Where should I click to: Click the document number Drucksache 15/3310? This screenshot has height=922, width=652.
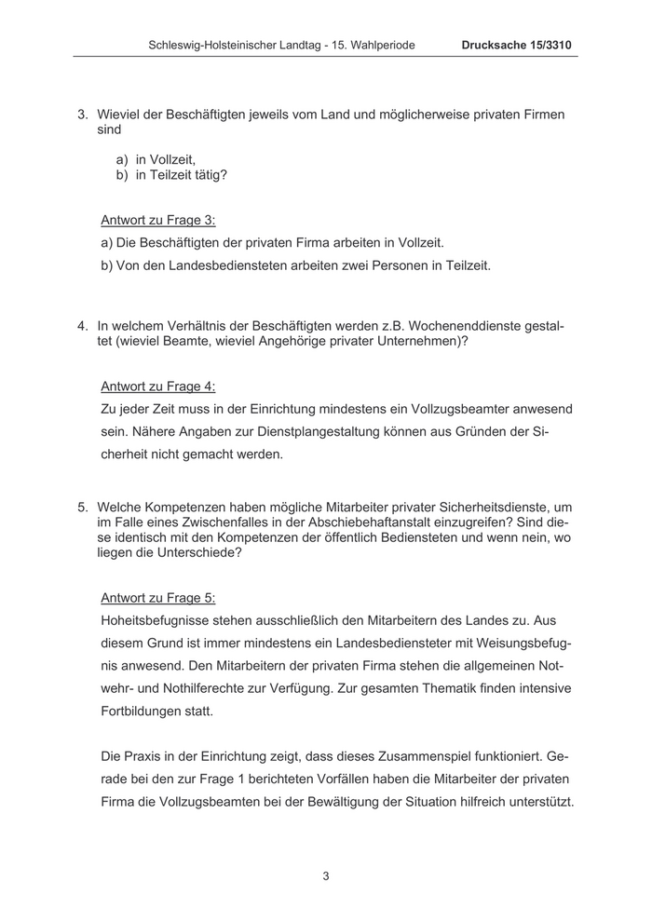pyautogui.click(x=519, y=45)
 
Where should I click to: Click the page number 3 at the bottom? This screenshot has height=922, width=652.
pyautogui.click(x=326, y=875)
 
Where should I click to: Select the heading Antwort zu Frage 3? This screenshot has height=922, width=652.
pyautogui.click(x=157, y=221)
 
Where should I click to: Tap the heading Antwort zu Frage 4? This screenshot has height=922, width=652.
pyautogui.click(x=157, y=386)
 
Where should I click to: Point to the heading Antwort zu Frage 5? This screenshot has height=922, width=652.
pyautogui.click(x=157, y=598)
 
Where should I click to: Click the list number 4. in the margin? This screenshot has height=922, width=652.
pyautogui.click(x=82, y=327)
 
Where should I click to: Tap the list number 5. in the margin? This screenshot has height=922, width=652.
pyautogui.click(x=82, y=508)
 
